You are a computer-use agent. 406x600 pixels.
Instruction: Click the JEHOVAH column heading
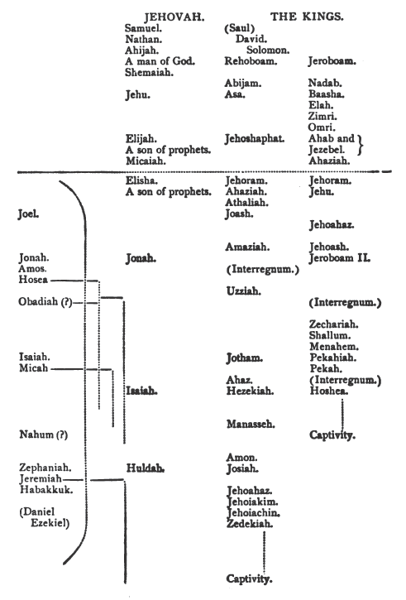click(174, 17)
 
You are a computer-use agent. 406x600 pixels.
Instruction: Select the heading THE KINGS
click(307, 17)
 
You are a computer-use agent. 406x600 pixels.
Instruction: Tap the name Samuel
click(143, 28)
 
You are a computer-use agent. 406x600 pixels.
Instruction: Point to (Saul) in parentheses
click(239, 28)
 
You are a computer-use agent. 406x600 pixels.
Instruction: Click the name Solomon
click(268, 50)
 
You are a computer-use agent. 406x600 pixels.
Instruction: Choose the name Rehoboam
click(251, 61)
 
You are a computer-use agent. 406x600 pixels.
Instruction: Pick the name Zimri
click(322, 117)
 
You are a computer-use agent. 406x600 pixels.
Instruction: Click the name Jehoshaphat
click(254, 138)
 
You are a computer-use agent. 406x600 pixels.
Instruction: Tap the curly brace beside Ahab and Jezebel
click(360, 144)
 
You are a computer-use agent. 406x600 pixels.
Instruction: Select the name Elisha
click(141, 180)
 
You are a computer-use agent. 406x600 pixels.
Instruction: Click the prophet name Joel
click(28, 214)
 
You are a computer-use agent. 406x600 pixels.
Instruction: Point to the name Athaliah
click(246, 203)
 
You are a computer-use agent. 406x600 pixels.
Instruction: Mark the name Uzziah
click(244, 291)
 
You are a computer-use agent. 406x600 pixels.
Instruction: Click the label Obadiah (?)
click(45, 302)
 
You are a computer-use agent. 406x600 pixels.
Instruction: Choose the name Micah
click(34, 368)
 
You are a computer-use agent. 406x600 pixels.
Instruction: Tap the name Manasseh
click(251, 424)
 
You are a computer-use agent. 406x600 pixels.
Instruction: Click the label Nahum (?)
click(44, 434)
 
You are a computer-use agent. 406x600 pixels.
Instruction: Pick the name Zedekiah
click(250, 524)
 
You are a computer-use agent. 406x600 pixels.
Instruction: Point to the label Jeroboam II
click(340, 258)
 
